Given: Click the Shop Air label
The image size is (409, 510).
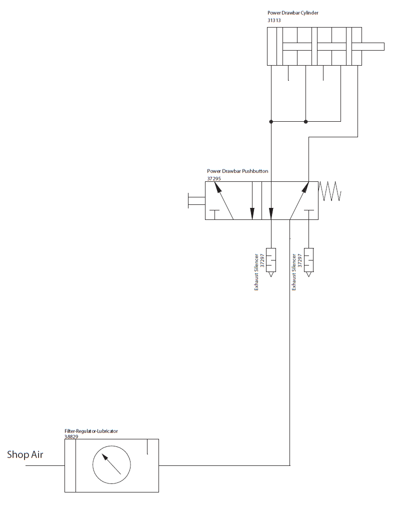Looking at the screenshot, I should click(25, 455).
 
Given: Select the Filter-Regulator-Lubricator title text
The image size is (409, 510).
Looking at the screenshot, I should click(91, 431).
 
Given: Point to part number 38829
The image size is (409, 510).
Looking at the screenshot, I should click(71, 436).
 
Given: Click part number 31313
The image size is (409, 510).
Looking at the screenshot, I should click(275, 21).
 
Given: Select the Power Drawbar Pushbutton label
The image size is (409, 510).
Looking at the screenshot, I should click(237, 171).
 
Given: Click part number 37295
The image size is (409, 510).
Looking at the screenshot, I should click(214, 178).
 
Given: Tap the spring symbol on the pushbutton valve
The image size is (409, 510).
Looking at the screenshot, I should click(330, 191).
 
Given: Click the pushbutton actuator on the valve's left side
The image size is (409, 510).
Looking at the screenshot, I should click(196, 200).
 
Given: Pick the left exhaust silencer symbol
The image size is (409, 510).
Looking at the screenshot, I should click(271, 260).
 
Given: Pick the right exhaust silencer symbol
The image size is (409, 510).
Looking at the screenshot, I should click(309, 260).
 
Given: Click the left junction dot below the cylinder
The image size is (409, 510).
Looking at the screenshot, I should click(271, 121).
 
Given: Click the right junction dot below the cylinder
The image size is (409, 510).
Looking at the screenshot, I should click(306, 121).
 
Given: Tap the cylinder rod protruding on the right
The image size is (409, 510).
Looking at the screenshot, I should click(372, 47).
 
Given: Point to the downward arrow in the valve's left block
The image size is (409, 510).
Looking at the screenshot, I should click(252, 200).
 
